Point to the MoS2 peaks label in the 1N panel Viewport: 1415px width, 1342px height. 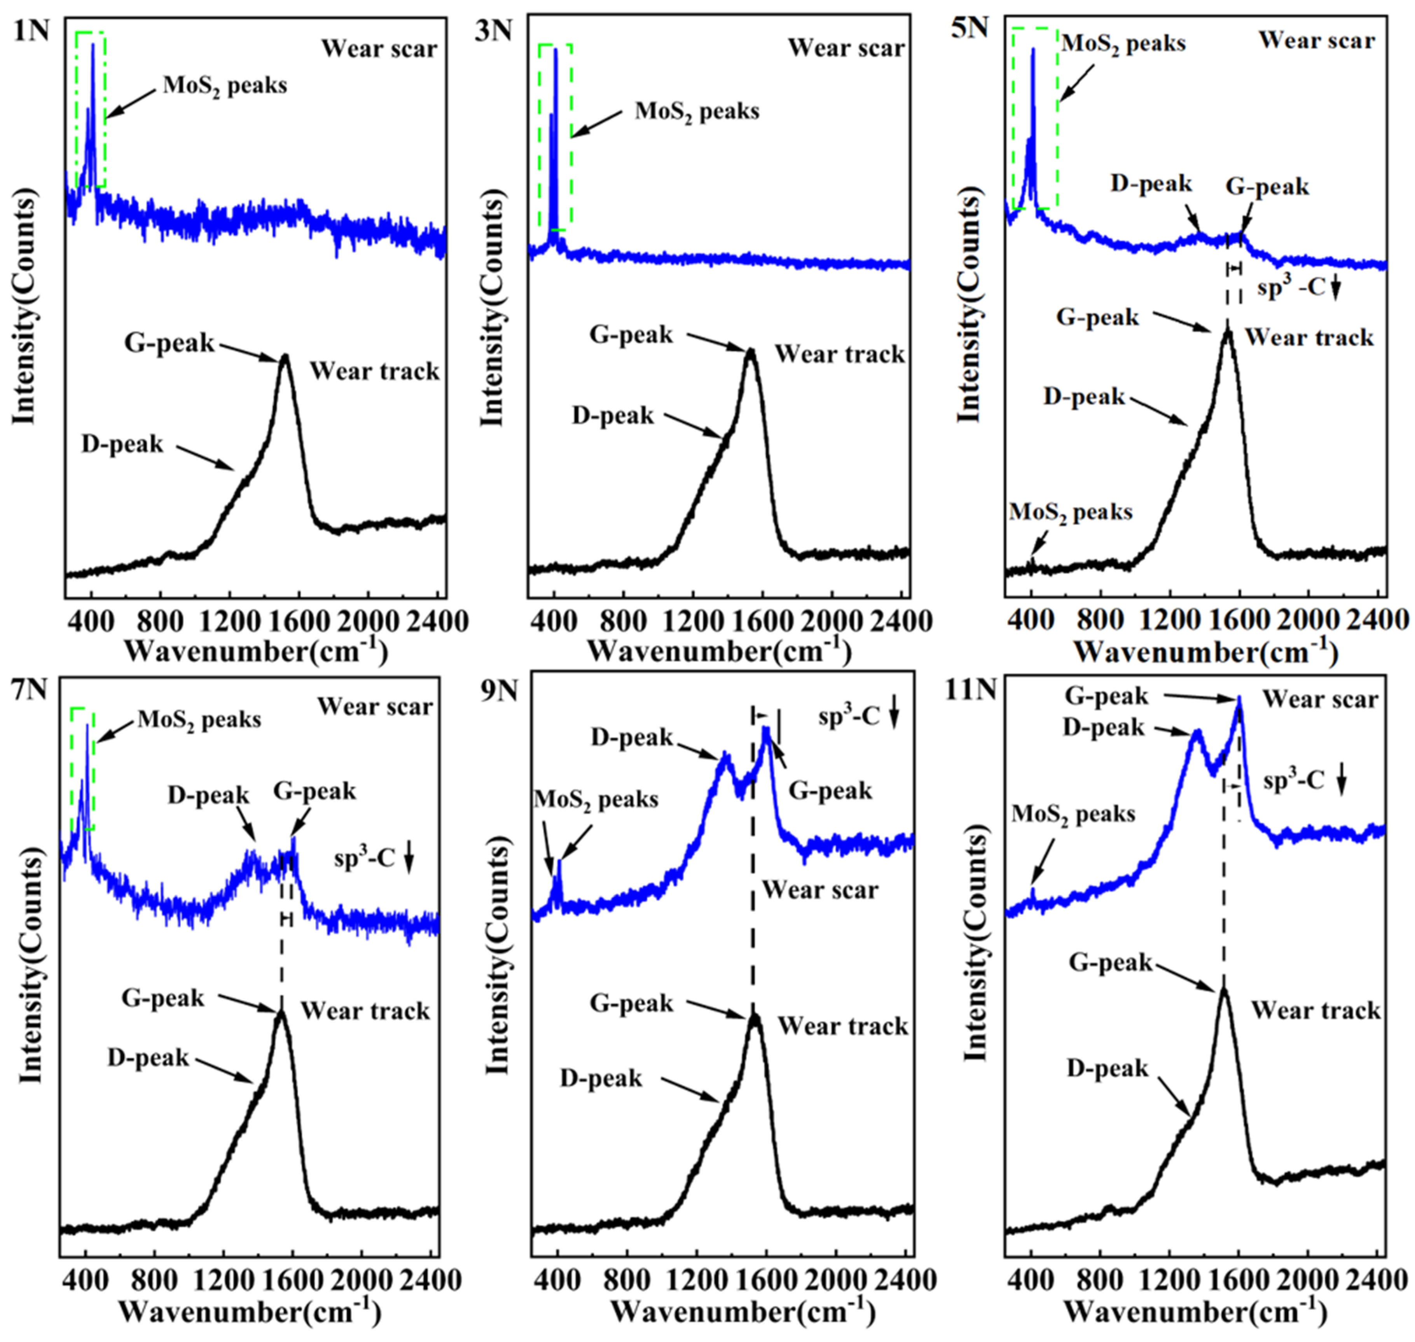pyautogui.click(x=225, y=86)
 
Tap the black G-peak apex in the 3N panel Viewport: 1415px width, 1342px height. pyautogui.click(x=750, y=351)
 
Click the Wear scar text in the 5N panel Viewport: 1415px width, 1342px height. pyautogui.click(x=1316, y=40)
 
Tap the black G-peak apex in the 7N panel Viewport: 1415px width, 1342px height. pyautogui.click(x=281, y=1012)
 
